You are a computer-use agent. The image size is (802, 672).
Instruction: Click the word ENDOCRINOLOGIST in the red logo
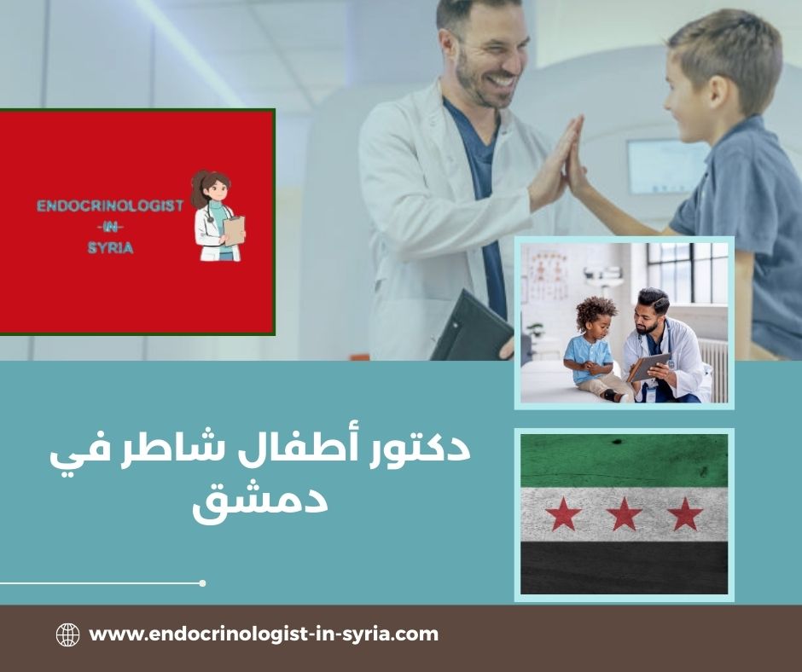tap(110, 207)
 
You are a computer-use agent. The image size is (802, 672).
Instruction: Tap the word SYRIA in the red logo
tap(109, 247)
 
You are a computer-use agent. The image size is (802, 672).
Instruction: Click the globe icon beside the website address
tap(67, 634)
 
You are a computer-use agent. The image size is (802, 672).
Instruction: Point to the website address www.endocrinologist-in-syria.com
tap(264, 634)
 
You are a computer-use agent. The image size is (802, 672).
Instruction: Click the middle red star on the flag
tap(624, 514)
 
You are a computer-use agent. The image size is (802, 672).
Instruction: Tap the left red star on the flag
tap(563, 514)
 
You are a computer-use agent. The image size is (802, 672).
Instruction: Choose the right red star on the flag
tap(684, 514)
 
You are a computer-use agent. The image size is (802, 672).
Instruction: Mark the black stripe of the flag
tap(624, 568)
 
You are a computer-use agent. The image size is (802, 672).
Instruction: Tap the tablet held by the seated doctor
tap(648, 367)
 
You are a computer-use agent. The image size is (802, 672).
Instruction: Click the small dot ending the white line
tap(202, 583)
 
